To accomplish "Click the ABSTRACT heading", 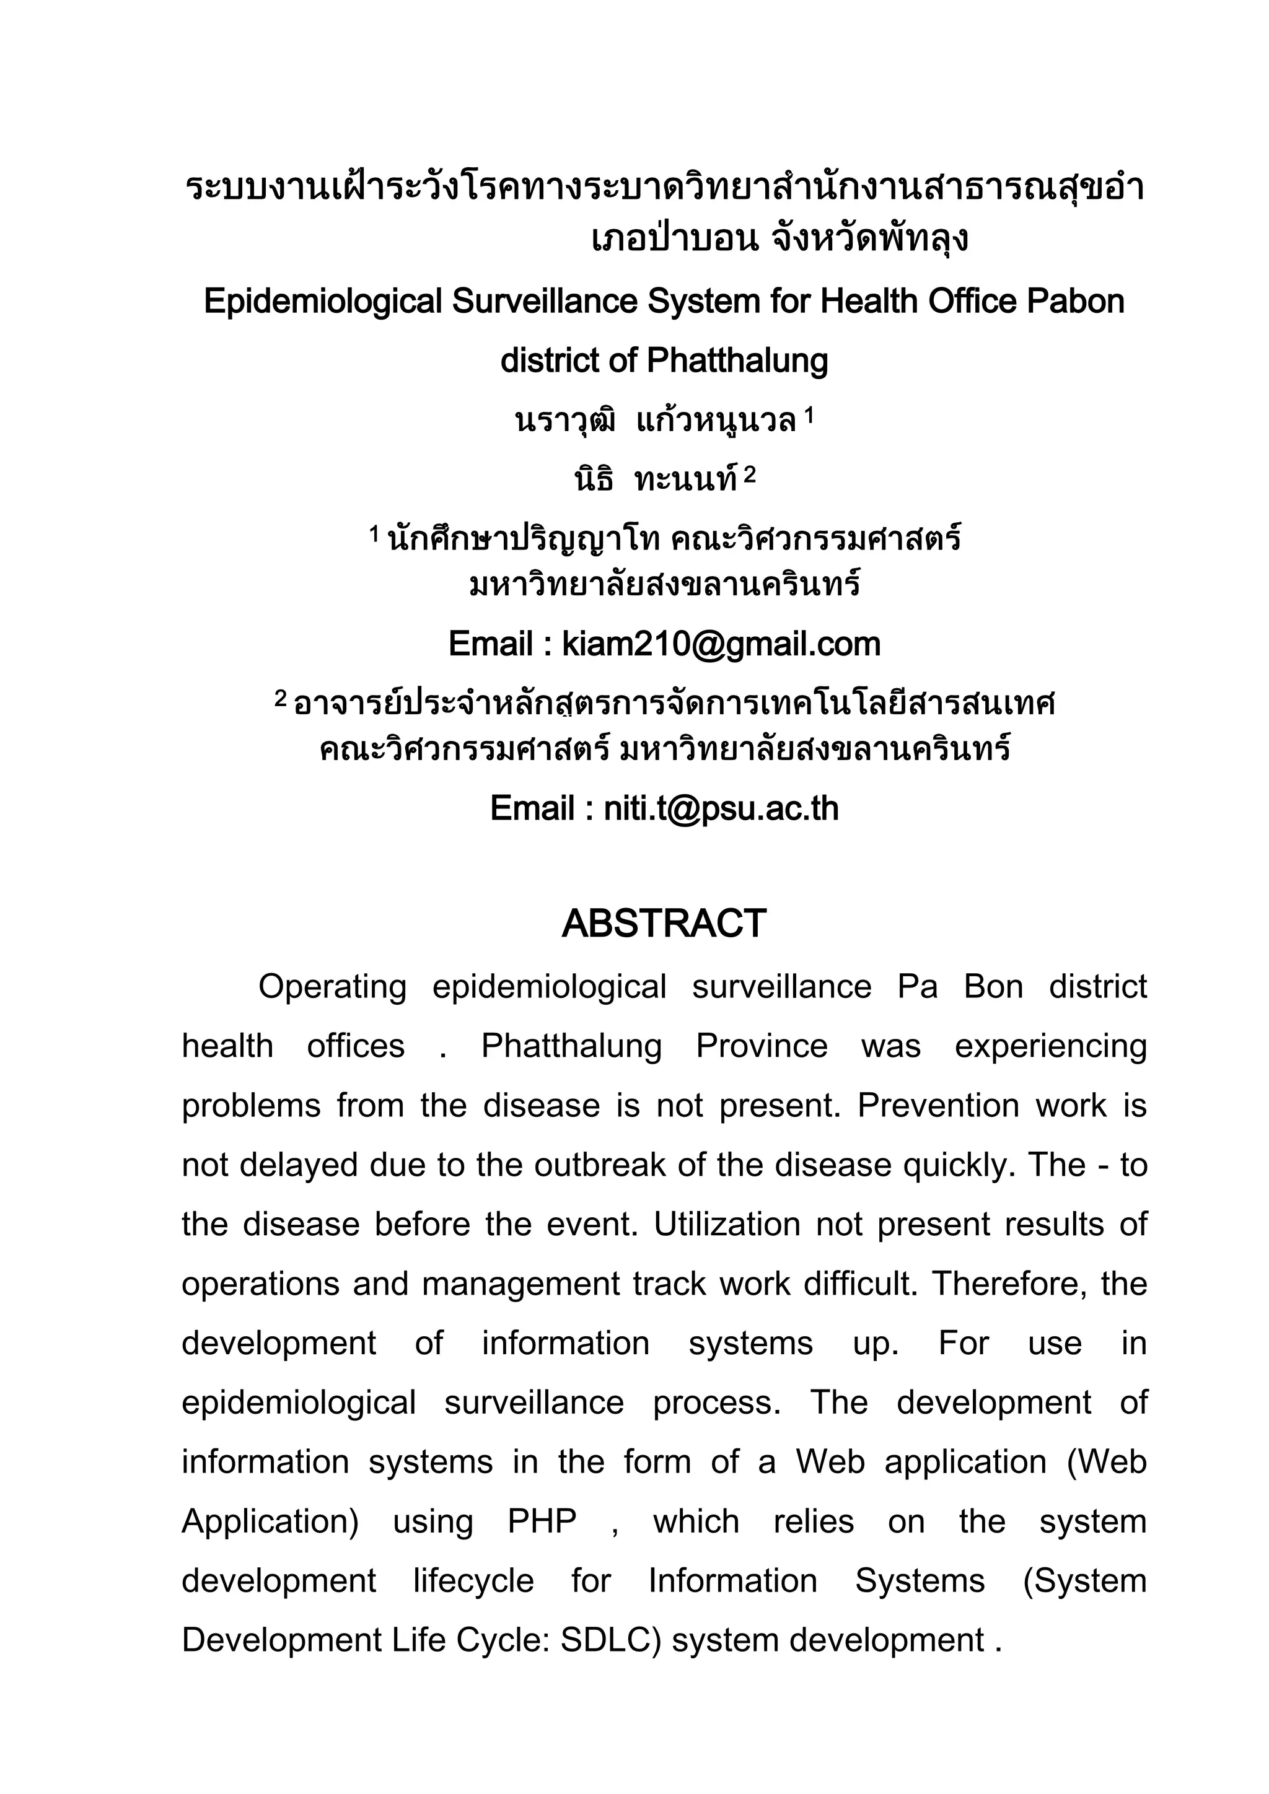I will pos(664,924).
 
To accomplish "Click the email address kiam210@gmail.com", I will pos(721,645).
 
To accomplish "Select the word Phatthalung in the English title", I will pos(737,361).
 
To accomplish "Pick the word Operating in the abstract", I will pos(332,987).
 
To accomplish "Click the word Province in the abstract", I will pos(762,1046).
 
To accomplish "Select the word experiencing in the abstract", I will pos(1051,1046).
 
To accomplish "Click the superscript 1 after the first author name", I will pos(809,416).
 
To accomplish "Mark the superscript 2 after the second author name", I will pos(750,475).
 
